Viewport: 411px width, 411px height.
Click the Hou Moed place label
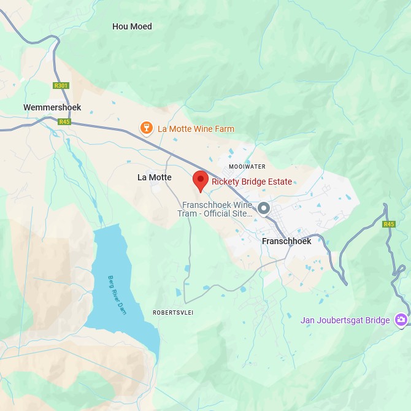pyautogui.click(x=132, y=26)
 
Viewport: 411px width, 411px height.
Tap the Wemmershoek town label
pyautogui.click(x=52, y=107)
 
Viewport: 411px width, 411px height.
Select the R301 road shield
pyautogui.click(x=61, y=86)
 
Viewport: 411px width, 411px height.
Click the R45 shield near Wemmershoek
pyautogui.click(x=64, y=122)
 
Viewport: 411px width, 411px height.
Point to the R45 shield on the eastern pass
pyautogui.click(x=389, y=225)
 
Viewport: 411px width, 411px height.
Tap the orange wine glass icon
pyautogui.click(x=146, y=128)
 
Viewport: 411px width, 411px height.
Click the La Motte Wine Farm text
pyautogui.click(x=196, y=129)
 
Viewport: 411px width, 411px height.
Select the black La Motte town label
pyautogui.click(x=155, y=177)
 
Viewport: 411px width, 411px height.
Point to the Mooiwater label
pyautogui.click(x=247, y=166)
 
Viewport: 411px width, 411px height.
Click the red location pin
pyautogui.click(x=201, y=180)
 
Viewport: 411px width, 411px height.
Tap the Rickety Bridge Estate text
pyautogui.click(x=252, y=182)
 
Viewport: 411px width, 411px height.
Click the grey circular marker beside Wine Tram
pyautogui.click(x=264, y=209)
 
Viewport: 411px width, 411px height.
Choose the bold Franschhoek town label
pyautogui.click(x=286, y=241)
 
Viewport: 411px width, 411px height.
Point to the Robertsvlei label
pyautogui.click(x=174, y=313)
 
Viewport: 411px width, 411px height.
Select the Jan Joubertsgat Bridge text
pyautogui.click(x=345, y=320)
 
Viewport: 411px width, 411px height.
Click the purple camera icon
pyautogui.click(x=401, y=320)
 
